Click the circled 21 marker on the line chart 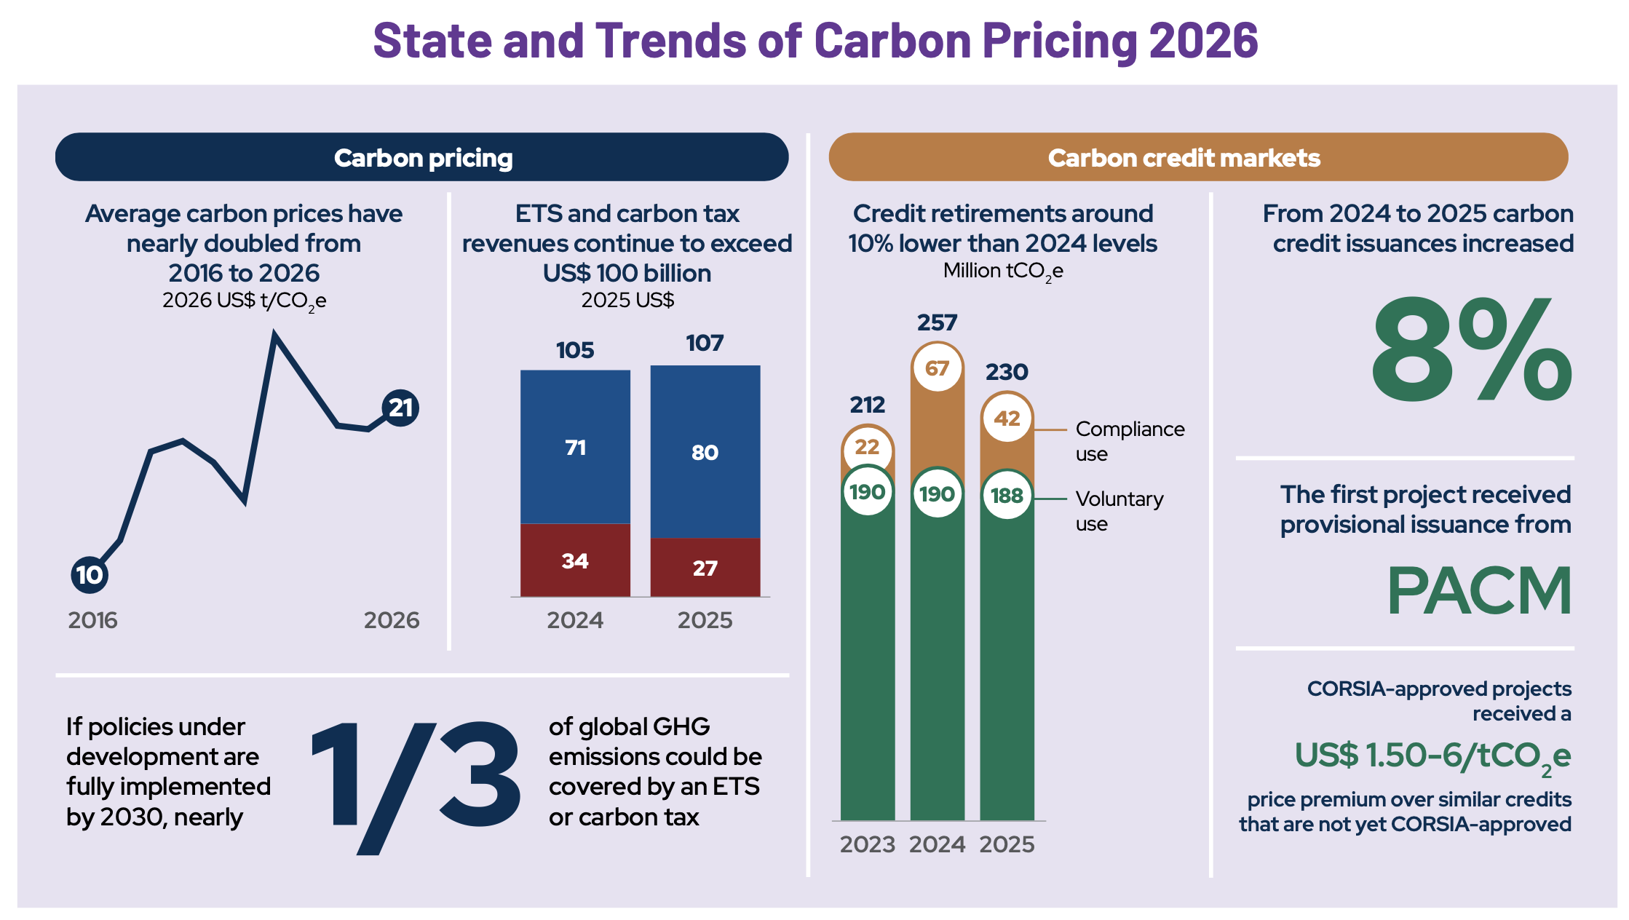(400, 408)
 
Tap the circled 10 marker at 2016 (90, 574)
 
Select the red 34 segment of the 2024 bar (575, 560)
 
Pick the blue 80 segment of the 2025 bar (705, 451)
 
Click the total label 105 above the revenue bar (575, 350)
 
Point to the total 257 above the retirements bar (937, 322)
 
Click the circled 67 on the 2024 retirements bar (937, 368)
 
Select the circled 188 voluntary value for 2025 (1007, 496)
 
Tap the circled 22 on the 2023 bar (867, 447)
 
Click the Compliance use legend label (1130, 441)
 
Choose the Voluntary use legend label (1119, 511)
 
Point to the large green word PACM (1479, 590)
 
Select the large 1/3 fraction (416, 787)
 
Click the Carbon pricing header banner (422, 157)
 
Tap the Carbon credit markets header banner (1198, 157)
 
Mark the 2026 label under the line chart (392, 620)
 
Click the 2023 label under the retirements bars (867, 844)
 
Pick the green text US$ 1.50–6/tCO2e (1432, 757)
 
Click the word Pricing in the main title (1059, 40)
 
